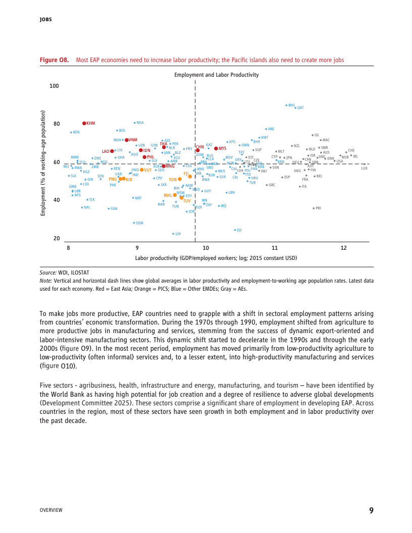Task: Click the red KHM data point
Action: [x=84, y=123]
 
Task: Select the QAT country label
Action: [x=300, y=108]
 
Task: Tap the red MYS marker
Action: [x=216, y=148]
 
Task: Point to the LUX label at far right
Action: [x=364, y=168]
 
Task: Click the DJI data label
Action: [x=239, y=230]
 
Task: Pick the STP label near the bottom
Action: [x=178, y=234]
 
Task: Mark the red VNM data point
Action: [x=127, y=140]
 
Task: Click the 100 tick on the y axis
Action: [x=54, y=86]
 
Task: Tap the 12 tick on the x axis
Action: [x=344, y=248]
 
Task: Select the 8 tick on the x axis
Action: [x=68, y=248]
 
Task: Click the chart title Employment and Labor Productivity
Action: [x=216, y=75]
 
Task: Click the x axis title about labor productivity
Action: [x=216, y=258]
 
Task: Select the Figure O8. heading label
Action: [x=54, y=60]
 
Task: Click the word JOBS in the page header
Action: [x=45, y=20]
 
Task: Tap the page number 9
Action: [x=371, y=510]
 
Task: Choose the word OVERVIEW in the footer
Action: [x=51, y=510]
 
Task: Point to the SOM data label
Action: [x=139, y=223]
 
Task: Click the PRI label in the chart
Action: [x=318, y=208]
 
